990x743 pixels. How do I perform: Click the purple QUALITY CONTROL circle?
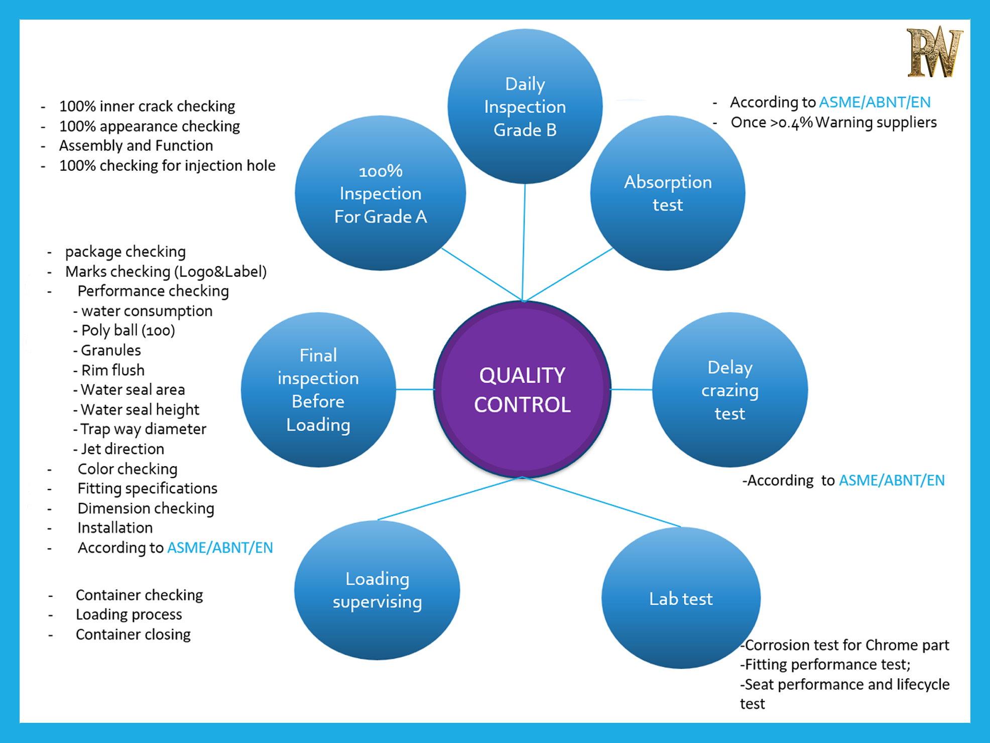[x=522, y=389]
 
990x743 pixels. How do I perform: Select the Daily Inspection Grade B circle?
[x=525, y=107]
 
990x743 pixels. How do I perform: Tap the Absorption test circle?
[x=668, y=193]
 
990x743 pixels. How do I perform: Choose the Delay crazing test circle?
[x=729, y=390]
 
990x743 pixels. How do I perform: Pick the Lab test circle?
[x=681, y=598]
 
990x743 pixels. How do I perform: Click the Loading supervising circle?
[x=377, y=590]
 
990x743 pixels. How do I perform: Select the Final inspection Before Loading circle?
[x=318, y=390]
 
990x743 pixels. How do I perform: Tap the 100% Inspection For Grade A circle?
[x=381, y=193]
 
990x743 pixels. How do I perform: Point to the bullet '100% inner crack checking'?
[x=147, y=107]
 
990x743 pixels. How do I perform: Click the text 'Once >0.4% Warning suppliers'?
[x=833, y=123]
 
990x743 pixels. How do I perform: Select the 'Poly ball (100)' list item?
[x=128, y=331]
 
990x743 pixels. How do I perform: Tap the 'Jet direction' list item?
[x=122, y=449]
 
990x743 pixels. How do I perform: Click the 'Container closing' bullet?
[x=133, y=634]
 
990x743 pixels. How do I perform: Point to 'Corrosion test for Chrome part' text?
[x=846, y=645]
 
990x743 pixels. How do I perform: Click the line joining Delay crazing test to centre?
[x=632, y=389]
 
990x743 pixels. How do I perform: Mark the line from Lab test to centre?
[x=602, y=502]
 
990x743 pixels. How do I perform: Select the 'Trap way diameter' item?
[x=143, y=429]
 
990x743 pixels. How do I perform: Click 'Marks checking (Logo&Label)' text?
[x=166, y=272]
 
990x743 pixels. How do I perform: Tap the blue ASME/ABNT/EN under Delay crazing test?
[x=892, y=481]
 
